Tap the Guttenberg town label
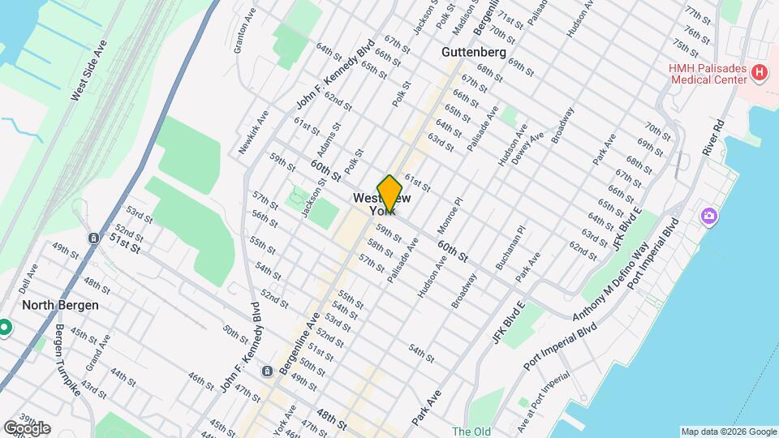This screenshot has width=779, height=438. pyautogui.click(x=474, y=52)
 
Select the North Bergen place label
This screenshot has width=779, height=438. pyautogui.click(x=60, y=305)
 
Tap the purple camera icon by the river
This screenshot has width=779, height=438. pyautogui.click(x=709, y=216)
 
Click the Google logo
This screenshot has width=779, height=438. pyautogui.click(x=26, y=427)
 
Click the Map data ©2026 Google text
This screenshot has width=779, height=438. pyautogui.click(x=728, y=432)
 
